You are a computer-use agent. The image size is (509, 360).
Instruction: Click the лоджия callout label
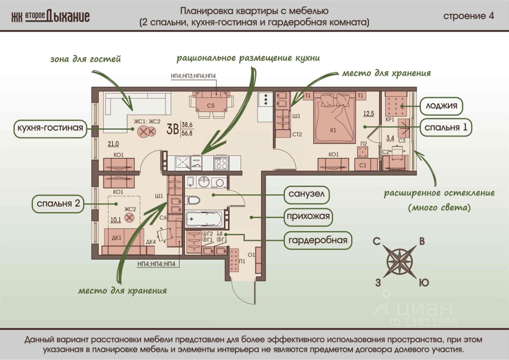[x=441, y=106]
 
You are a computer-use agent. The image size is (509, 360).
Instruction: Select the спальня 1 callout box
[x=446, y=127]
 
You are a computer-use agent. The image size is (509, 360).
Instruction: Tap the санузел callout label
[x=307, y=194]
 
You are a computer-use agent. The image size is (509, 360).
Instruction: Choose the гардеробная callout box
[x=318, y=240]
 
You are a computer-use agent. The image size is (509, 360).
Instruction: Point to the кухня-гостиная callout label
[x=50, y=128]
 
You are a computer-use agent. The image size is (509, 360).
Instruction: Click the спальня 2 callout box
[x=58, y=203]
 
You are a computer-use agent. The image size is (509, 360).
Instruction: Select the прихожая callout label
[x=308, y=216]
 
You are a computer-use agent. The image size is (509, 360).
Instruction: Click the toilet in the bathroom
[x=193, y=200]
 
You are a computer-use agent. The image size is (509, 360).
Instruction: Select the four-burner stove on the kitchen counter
[x=221, y=163]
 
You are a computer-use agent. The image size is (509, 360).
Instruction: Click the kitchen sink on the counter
[x=183, y=163]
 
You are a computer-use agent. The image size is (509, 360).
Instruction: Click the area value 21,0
[x=113, y=144]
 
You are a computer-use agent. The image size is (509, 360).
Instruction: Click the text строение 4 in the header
[x=468, y=16]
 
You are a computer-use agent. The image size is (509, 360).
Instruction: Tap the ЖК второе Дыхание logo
[x=51, y=17]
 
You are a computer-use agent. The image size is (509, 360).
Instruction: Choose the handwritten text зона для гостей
[x=85, y=59]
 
